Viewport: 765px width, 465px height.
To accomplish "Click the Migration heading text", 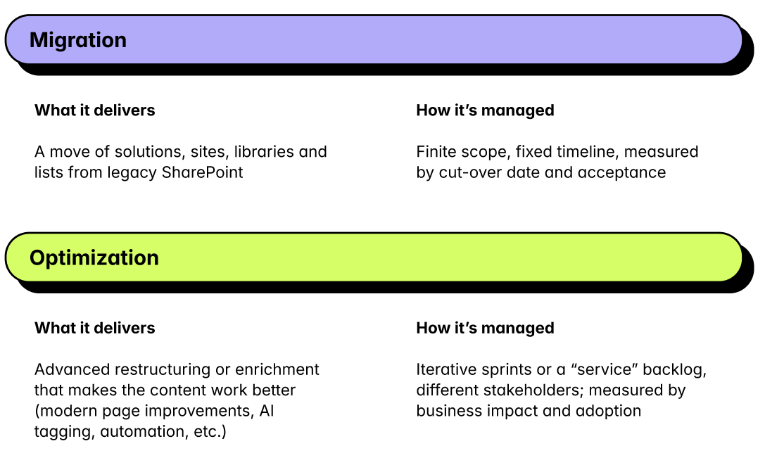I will point(78,40).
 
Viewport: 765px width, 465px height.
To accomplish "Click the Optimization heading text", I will point(94,258).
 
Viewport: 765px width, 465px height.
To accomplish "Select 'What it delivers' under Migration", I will point(94,110).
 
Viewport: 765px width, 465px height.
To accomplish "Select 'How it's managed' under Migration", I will point(485,110).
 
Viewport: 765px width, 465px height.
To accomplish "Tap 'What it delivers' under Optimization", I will point(94,329).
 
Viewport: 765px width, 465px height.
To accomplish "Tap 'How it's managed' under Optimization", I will point(485,329).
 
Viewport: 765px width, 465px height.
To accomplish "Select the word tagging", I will point(61,431).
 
